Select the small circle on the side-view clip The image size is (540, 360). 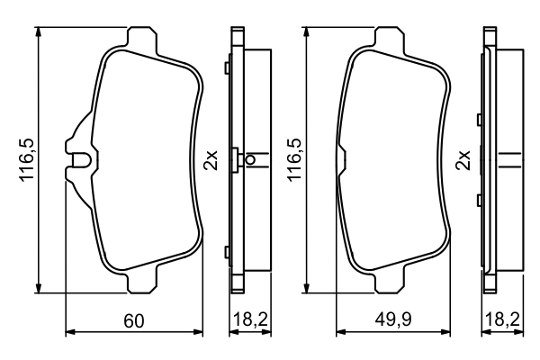point(251,161)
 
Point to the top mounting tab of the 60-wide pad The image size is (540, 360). point(139,38)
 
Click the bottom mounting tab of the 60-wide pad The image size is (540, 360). point(139,283)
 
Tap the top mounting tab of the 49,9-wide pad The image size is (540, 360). point(391,38)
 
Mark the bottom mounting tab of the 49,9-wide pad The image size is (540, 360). point(391,283)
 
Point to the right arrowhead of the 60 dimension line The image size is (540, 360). point(202,334)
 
